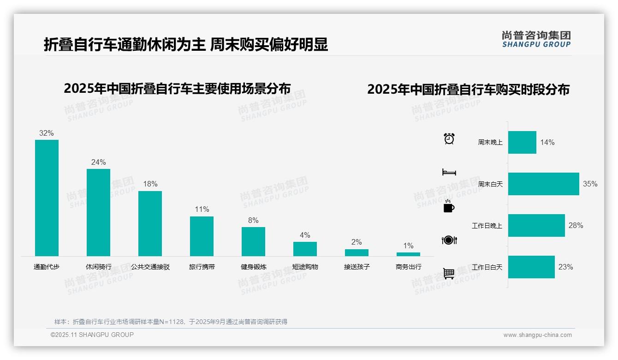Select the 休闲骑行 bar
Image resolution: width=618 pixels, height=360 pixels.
pos(98,212)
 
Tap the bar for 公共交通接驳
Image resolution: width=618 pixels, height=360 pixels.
pos(150,223)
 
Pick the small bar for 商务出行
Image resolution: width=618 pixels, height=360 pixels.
pos(408,254)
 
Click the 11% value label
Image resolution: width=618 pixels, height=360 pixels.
pos(202,209)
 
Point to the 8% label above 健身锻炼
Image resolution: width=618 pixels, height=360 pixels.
pos(253,220)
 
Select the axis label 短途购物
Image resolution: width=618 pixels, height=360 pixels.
pos(305,267)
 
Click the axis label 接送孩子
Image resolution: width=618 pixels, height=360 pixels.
pos(357,267)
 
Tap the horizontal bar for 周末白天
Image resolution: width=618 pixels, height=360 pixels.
pos(543,184)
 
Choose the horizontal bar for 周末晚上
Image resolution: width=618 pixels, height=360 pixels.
pos(522,142)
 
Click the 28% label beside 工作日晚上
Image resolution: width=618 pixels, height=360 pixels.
pos(576,225)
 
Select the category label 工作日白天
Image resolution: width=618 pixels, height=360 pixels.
pos(487,267)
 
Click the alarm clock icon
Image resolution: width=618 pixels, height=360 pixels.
pos(449,138)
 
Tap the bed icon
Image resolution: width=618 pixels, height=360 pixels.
pos(449,172)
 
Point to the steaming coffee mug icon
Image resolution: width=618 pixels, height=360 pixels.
pos(449,206)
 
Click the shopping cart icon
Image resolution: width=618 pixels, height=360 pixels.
pos(449,274)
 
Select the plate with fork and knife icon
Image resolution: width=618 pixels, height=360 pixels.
pos(449,240)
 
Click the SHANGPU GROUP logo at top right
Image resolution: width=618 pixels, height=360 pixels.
pos(536,39)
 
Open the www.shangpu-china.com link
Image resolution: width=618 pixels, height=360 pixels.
pos(537,335)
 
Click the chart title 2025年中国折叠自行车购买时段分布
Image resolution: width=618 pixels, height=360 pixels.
pos(468,89)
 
